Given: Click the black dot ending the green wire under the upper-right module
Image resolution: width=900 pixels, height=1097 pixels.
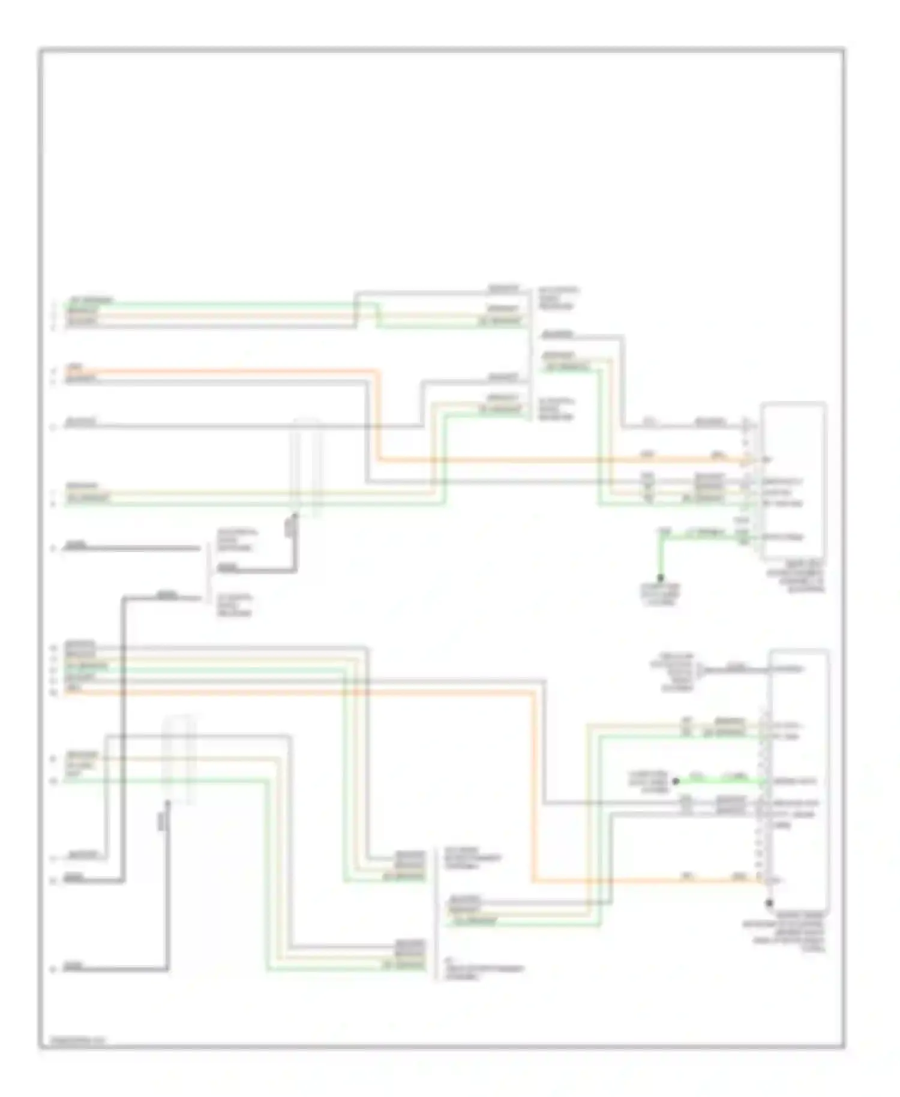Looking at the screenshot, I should coord(660,579).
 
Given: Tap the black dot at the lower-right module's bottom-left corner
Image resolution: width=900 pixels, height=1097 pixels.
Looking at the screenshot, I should coord(769,903).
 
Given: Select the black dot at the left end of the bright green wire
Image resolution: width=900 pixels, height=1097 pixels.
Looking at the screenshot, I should coord(676,781).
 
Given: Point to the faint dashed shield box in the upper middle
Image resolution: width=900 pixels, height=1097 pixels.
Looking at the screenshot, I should coord(306,467).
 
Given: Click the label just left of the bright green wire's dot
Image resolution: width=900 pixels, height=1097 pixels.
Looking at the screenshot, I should coord(648,782).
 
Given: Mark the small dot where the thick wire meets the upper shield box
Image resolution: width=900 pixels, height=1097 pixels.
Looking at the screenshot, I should coord(295,514).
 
